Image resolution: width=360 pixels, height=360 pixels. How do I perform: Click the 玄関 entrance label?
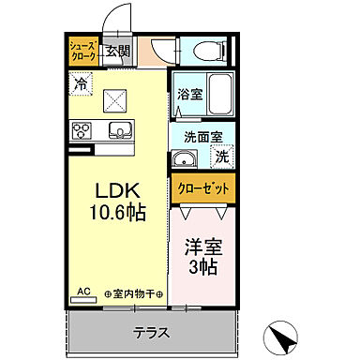pos(117,52)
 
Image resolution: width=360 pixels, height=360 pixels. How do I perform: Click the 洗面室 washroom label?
pos(202,135)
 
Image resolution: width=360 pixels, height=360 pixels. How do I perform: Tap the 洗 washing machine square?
pos(223,155)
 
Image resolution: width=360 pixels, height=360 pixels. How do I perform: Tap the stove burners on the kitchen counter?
pos(82,130)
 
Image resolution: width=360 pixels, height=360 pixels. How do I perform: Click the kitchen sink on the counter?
pos(119,129)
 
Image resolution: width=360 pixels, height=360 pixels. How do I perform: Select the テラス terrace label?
pos(150,331)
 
